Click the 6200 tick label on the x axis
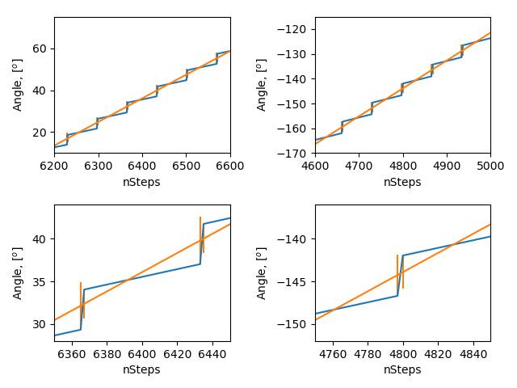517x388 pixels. (54, 166)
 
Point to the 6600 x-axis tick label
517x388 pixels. (230, 166)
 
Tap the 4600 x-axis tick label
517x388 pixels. (315, 166)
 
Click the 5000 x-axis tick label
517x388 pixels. (490, 166)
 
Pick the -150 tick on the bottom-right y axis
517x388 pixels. (297, 324)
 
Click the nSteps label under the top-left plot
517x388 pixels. (142, 182)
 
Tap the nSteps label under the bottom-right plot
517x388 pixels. (402, 369)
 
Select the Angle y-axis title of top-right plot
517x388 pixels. (262, 85)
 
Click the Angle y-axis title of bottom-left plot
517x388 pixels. (18, 273)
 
